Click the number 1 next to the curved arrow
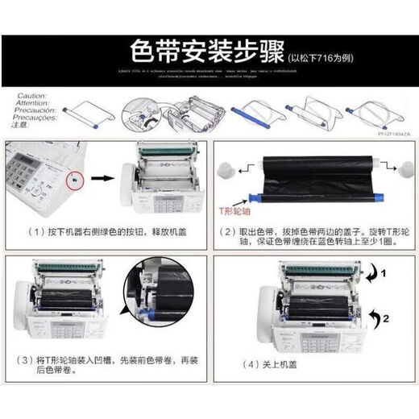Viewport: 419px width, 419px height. click(384, 273)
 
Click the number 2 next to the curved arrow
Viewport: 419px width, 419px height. click(386, 320)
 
